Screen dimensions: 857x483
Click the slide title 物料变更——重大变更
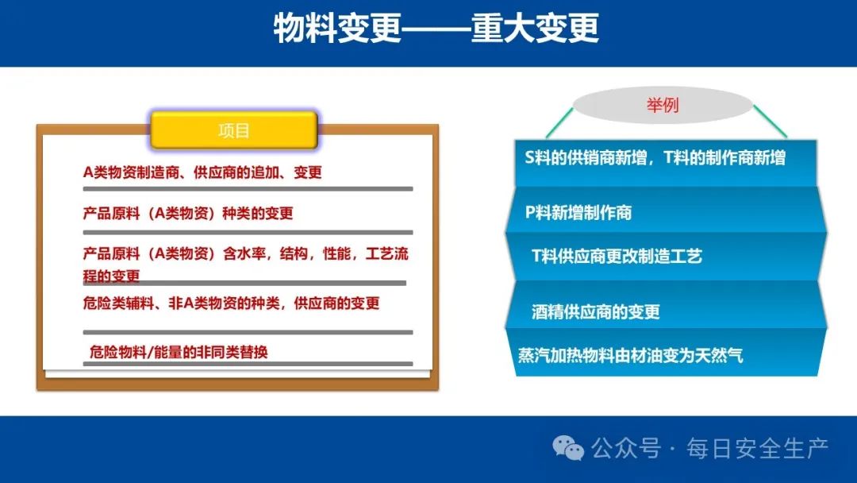tap(436, 29)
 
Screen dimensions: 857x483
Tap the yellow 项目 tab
tap(234, 130)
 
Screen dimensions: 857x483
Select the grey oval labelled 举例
tap(663, 105)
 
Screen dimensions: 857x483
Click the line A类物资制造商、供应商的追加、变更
tap(202, 172)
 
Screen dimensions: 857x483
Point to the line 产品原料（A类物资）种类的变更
tap(188, 213)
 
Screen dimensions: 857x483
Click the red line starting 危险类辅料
tap(231, 303)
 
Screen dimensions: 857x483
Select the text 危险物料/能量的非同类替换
tap(179, 352)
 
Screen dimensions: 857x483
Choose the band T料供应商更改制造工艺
tap(666, 257)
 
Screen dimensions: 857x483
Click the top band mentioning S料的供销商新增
tap(666, 163)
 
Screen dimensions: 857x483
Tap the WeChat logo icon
tap(568, 448)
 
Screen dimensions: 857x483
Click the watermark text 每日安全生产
tap(758, 448)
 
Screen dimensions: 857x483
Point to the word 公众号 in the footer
tap(626, 448)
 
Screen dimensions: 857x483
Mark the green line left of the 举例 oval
tap(559, 122)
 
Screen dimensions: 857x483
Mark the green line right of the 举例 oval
tap(770, 122)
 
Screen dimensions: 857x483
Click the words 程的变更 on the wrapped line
tap(112, 276)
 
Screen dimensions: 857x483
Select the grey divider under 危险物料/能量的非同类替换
tap(248, 364)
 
